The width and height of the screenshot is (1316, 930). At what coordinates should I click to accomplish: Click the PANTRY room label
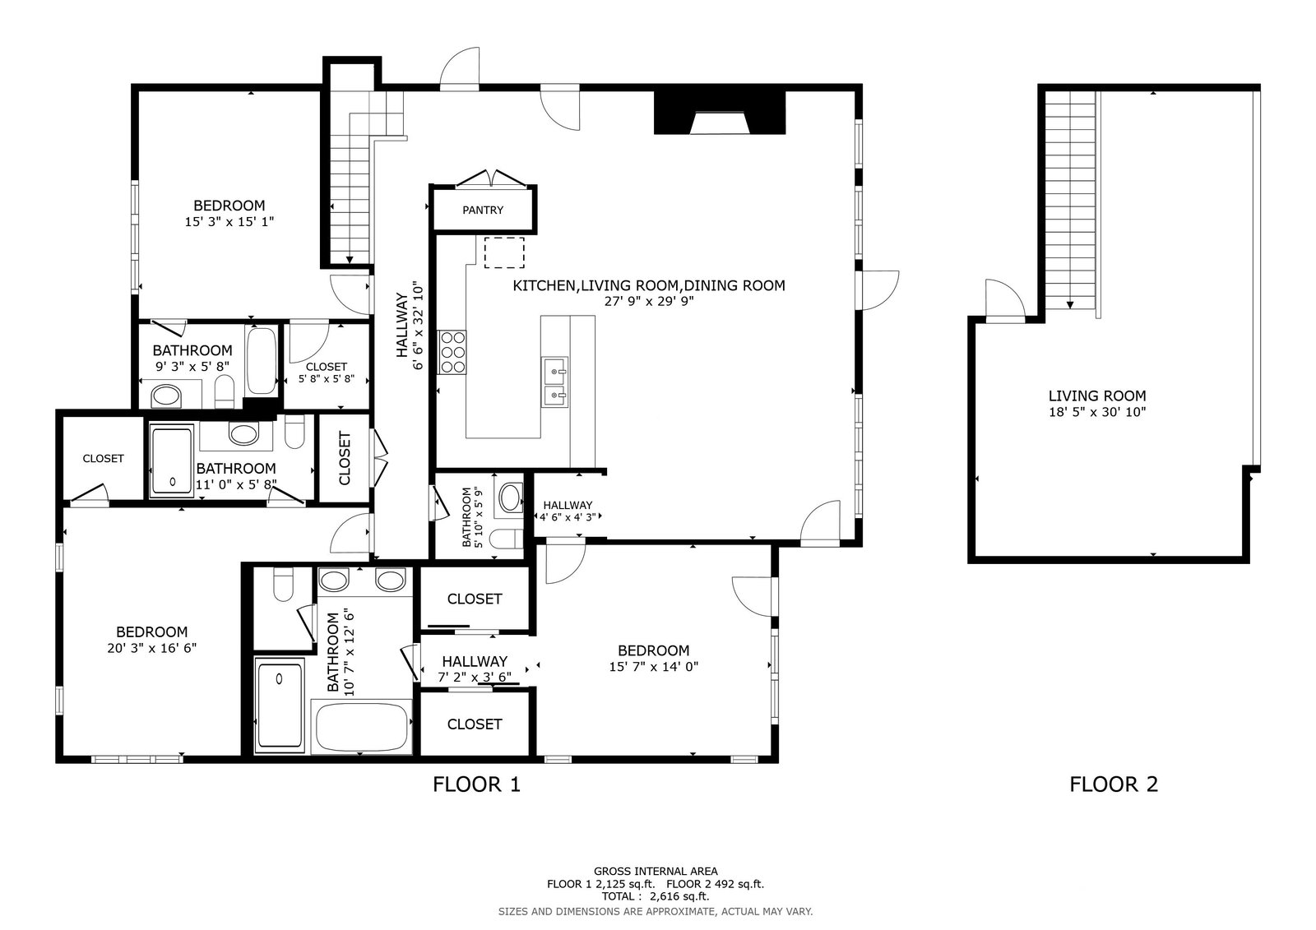click(x=482, y=210)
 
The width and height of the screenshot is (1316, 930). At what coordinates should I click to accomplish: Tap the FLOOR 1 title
click(x=476, y=784)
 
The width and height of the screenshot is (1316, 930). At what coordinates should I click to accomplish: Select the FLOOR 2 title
click(x=1114, y=784)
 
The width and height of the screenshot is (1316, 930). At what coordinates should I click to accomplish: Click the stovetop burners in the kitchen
click(x=452, y=352)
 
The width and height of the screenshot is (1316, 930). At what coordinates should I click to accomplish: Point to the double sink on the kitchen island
click(x=554, y=382)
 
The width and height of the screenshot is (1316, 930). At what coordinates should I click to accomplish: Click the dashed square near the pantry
click(x=504, y=252)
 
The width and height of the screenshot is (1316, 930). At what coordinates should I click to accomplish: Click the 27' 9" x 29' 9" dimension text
click(x=649, y=302)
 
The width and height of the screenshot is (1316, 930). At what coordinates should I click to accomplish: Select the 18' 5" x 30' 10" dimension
click(x=1097, y=412)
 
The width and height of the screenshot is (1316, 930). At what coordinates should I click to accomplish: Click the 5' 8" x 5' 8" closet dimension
click(x=327, y=379)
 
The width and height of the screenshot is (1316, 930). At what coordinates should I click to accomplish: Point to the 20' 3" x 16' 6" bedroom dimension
click(x=151, y=648)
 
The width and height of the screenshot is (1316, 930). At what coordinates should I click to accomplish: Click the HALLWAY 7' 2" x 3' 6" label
click(x=475, y=669)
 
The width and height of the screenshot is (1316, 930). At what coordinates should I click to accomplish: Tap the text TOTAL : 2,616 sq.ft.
click(x=655, y=896)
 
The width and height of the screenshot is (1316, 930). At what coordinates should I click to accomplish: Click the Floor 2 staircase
click(x=1070, y=200)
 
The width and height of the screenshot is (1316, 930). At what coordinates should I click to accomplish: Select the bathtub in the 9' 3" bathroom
click(x=262, y=361)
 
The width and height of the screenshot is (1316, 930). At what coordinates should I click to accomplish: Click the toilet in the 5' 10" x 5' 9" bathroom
click(x=507, y=538)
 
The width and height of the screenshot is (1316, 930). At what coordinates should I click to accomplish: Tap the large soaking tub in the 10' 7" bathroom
click(x=362, y=727)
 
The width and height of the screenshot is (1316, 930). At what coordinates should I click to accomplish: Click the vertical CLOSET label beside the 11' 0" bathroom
click(x=345, y=458)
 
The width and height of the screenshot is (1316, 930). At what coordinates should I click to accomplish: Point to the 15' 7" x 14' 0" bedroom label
click(x=653, y=658)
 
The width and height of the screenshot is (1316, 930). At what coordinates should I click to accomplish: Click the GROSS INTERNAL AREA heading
click(x=656, y=872)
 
